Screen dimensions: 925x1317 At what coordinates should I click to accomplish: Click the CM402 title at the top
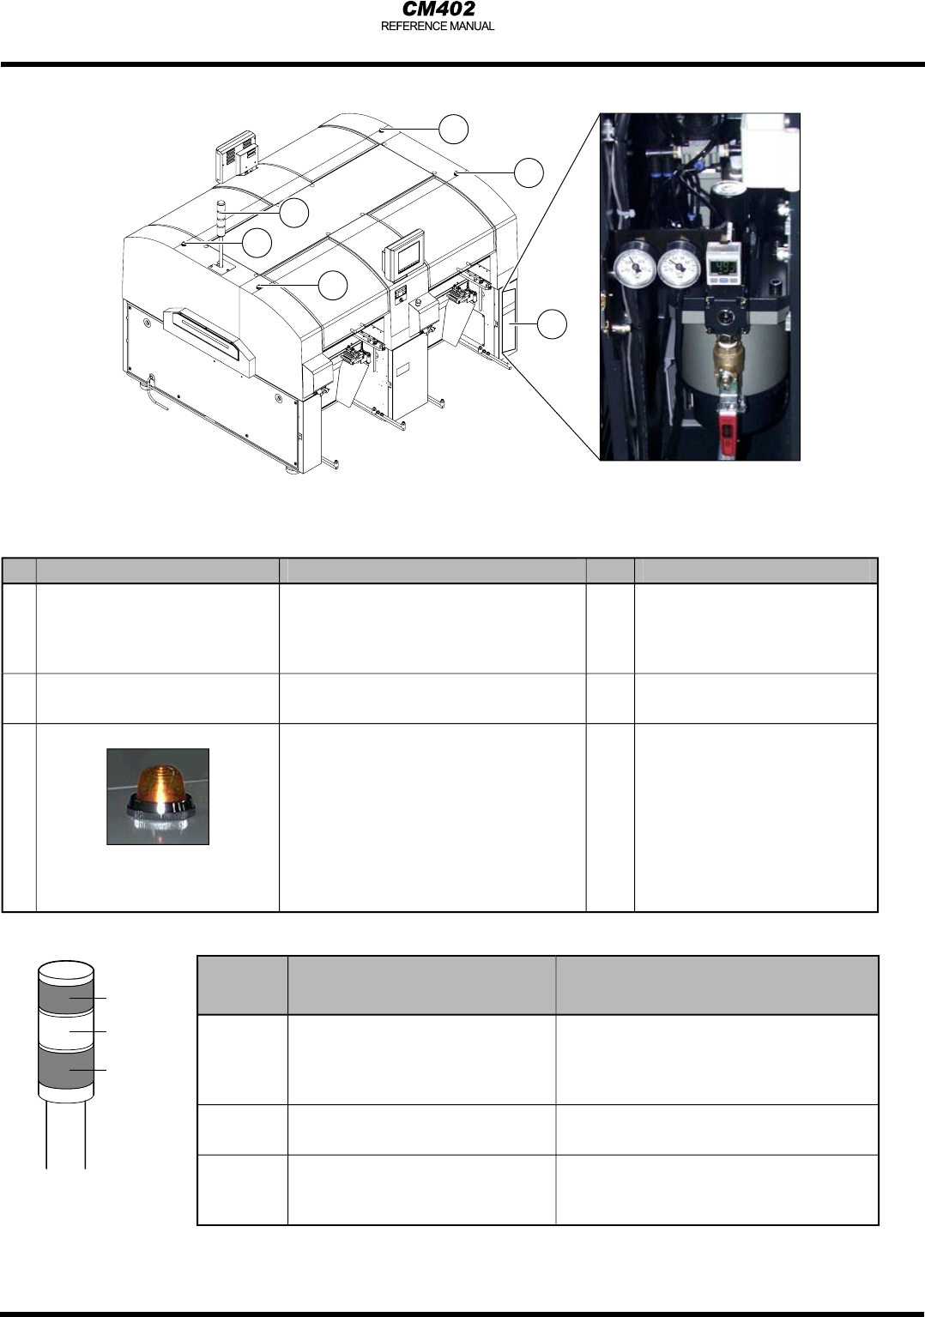(438, 9)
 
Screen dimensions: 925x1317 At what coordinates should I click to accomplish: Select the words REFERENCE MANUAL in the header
(438, 27)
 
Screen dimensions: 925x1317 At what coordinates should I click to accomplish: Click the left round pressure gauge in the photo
(634, 267)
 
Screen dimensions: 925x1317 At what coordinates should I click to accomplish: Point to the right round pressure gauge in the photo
(680, 267)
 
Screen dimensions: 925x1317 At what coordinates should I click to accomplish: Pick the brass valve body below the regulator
(728, 361)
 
